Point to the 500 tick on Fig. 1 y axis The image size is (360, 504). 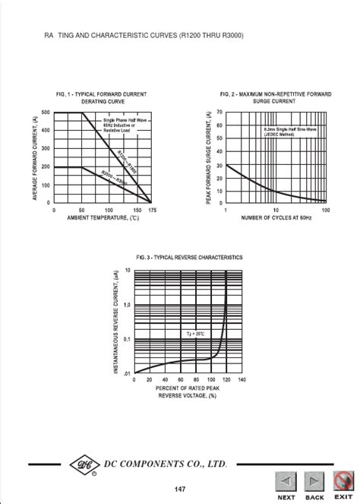[46, 113]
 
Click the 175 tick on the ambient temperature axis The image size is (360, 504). [153, 210]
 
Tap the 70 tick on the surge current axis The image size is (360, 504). [219, 112]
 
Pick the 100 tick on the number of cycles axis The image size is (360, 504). [325, 210]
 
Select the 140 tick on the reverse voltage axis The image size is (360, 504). [242, 379]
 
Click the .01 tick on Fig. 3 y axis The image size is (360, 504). [128, 372]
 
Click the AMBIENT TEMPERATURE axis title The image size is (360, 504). [103, 218]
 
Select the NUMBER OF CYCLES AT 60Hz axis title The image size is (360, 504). [276, 219]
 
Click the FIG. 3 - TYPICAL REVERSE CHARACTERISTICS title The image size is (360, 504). [189, 258]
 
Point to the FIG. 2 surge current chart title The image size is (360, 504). [276, 97]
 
